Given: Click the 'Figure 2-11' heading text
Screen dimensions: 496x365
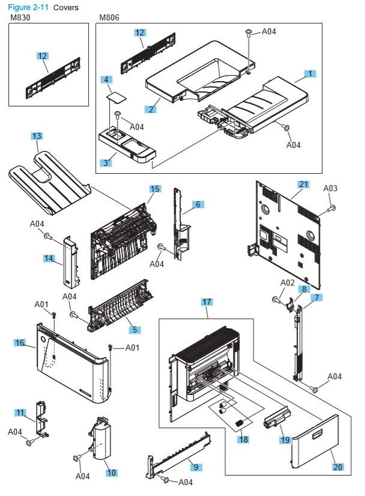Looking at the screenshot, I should coord(28,7).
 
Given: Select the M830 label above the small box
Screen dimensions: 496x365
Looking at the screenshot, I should coord(20,18).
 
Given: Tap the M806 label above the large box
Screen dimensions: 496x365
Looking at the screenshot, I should coord(109,18).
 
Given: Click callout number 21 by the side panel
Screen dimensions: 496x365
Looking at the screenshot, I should coord(303,184).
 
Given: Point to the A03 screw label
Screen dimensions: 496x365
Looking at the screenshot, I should coord(330,188).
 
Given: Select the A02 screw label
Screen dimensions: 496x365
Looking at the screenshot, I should coord(288,283).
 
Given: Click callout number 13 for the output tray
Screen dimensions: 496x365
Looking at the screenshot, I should coord(37,136).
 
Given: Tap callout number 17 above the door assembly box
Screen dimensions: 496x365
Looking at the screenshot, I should coord(207,301).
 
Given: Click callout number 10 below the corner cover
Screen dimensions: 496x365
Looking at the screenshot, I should coord(111,473).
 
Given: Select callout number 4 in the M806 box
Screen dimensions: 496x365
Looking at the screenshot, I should coord(106,79).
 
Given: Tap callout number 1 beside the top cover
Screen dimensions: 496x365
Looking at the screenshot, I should coord(310,73).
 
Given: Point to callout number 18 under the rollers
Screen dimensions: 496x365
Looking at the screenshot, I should coord(243,439).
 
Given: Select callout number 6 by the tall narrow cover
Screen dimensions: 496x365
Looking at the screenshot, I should coord(196,204).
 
